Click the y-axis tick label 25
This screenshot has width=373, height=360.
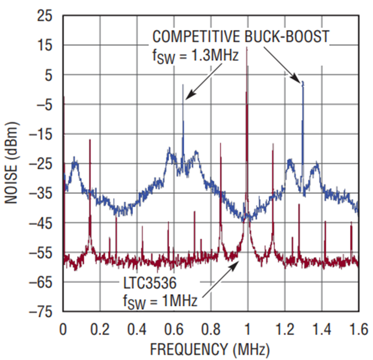[x=44, y=16]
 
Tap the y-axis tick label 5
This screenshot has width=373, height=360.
[x=49, y=75]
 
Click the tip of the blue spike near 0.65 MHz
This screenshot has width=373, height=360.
[x=183, y=85]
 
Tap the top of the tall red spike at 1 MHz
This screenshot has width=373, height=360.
[x=247, y=48]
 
